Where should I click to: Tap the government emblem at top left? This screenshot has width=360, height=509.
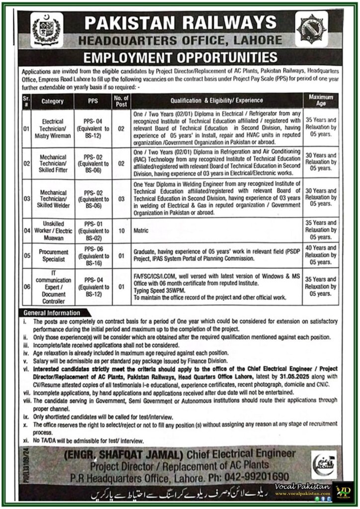(x=46, y=30)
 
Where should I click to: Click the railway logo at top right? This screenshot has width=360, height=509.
(x=311, y=29)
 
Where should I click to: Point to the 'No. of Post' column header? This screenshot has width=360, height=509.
(x=121, y=101)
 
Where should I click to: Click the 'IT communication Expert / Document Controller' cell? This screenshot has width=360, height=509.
(x=53, y=287)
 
